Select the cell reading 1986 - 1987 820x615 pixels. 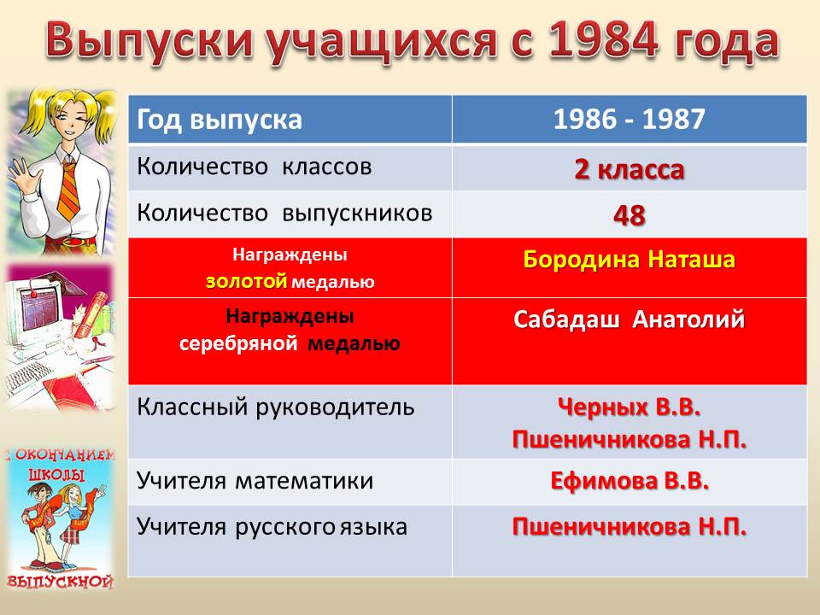[630, 120]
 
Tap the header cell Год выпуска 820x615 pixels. [290, 120]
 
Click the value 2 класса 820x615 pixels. [630, 169]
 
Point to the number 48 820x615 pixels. [630, 215]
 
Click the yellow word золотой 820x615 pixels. [246, 281]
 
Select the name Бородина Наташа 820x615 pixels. [630, 260]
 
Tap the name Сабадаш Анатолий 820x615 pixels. [630, 319]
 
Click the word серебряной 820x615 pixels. [238, 343]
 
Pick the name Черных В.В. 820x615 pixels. [630, 407]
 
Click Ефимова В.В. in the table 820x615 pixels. [630, 481]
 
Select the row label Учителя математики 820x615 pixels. [255, 481]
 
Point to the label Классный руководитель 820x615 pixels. [276, 407]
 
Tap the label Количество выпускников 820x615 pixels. [285, 213]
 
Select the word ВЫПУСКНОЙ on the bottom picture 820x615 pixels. [61, 581]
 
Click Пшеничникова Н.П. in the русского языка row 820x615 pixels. [630, 527]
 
